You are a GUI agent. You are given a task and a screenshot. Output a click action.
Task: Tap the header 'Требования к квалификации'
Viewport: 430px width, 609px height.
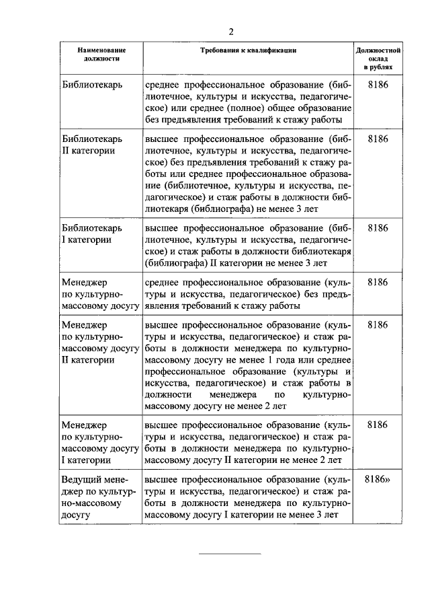pyautogui.click(x=248, y=50)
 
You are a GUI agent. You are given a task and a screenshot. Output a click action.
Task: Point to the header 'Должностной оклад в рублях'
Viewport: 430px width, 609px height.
pyautogui.click(x=378, y=59)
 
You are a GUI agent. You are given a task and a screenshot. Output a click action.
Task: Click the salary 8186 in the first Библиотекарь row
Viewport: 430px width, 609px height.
pyautogui.click(x=378, y=85)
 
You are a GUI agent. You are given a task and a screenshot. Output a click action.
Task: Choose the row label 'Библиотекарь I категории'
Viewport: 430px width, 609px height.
pyautogui.click(x=88, y=234)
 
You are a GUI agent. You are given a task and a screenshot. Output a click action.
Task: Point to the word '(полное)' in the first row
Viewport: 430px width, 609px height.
pyautogui.click(x=272, y=108)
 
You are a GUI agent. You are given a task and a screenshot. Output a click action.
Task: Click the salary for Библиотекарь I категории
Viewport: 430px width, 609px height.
pyautogui.click(x=378, y=227)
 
